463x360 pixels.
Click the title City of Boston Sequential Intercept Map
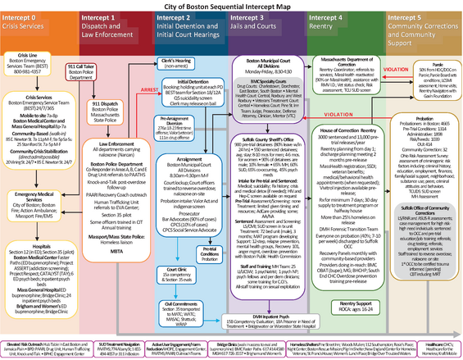(x=231, y=6)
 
